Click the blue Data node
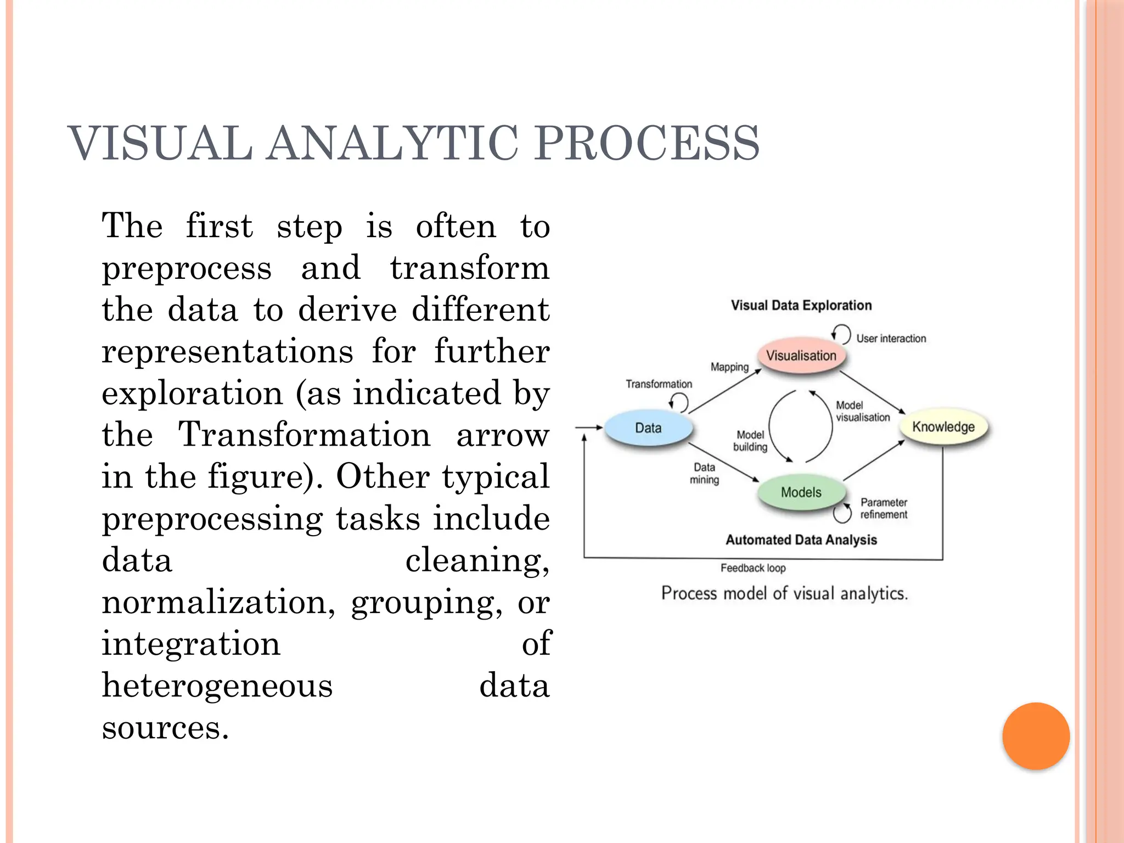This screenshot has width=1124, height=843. click(648, 428)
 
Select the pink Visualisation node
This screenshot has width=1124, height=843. click(801, 356)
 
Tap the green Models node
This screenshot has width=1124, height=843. click(801, 492)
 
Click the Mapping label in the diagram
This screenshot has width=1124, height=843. click(729, 367)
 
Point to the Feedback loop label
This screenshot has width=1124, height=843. click(753, 568)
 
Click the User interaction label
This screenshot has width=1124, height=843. click(891, 339)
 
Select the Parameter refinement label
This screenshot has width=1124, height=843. click(884, 508)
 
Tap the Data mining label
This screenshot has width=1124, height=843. click(704, 473)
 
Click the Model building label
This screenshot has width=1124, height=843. click(750, 441)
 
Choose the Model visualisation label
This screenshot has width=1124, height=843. click(862, 411)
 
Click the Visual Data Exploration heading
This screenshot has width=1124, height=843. click(801, 306)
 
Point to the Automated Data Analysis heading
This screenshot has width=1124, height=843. click(801, 540)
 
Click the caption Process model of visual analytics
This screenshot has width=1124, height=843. click(784, 593)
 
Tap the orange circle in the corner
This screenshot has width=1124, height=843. click(1036, 736)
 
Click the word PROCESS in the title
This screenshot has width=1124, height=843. click(647, 144)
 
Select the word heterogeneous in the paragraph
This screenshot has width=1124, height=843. click(217, 686)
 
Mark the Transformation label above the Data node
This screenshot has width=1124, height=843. click(659, 384)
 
